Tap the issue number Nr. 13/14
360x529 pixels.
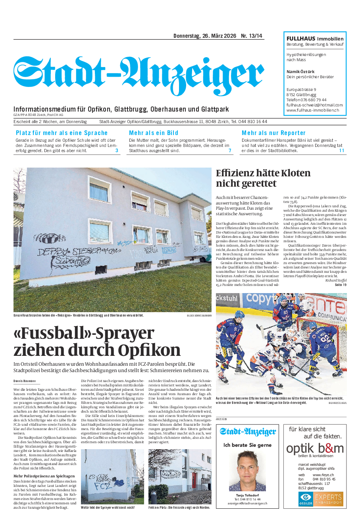click(x=252, y=36)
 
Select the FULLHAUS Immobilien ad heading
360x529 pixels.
click(x=315, y=39)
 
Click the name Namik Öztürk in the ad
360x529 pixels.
click(x=300, y=72)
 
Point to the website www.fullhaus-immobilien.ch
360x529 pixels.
click(x=312, y=110)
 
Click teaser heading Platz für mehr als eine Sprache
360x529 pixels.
click(x=62, y=133)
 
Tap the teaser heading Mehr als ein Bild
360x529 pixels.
click(x=154, y=133)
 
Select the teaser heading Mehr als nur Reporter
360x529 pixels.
click(x=273, y=133)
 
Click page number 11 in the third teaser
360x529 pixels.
click(x=341, y=151)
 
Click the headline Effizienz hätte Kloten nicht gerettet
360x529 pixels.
click(x=263, y=178)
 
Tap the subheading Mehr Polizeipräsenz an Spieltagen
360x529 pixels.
click(x=44, y=476)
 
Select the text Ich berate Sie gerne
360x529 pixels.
click(x=247, y=445)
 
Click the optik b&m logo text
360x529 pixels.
click(x=315, y=448)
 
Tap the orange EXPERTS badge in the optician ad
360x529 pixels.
click(x=328, y=499)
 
